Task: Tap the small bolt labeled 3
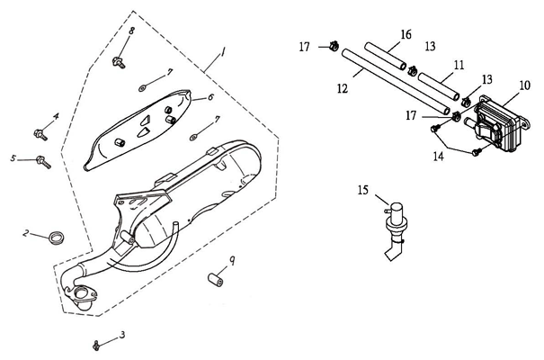tap(95, 344)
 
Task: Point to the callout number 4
tap(56, 116)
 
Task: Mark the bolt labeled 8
tap(119, 61)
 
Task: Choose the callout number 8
tap(130, 31)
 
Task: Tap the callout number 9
tap(233, 260)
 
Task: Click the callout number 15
tap(362, 190)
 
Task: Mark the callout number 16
tap(406, 33)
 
